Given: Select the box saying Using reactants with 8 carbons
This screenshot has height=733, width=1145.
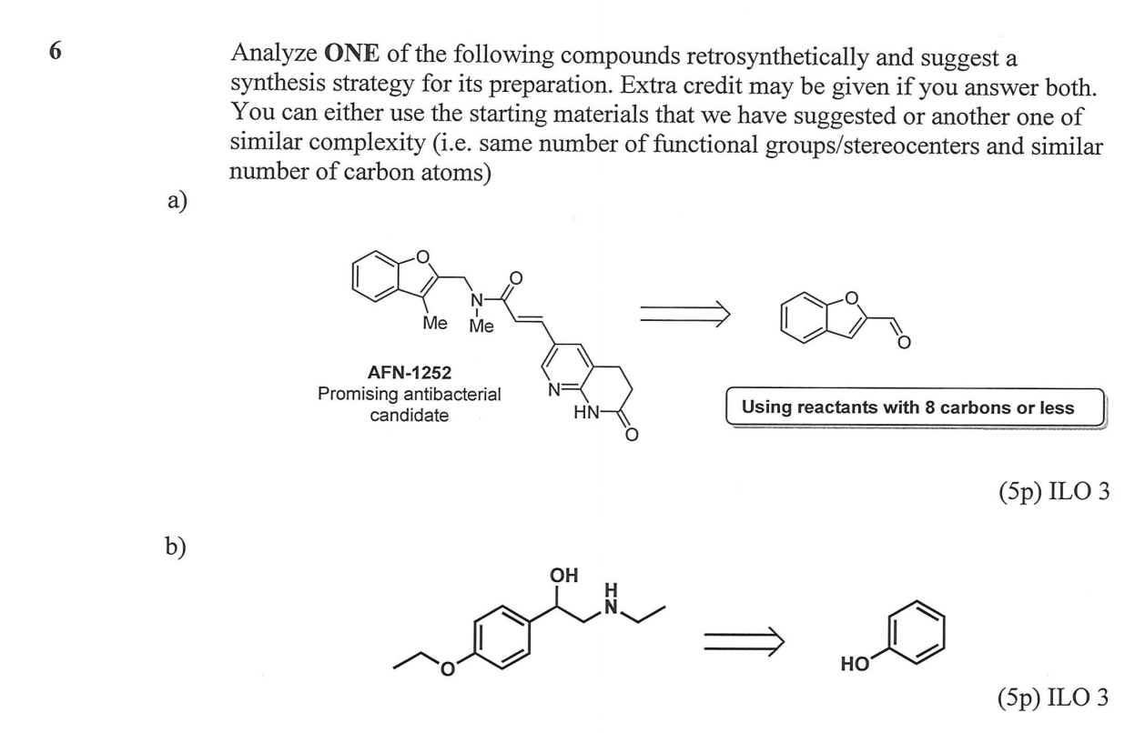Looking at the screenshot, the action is click(x=907, y=407).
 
